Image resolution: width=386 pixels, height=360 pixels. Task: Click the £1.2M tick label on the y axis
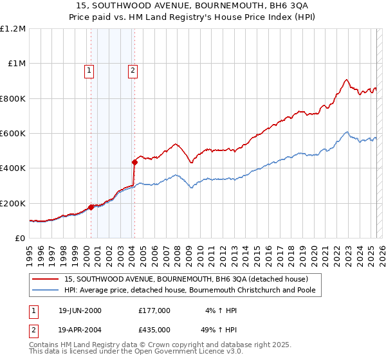point(13,28)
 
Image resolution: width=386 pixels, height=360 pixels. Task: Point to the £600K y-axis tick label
point(13,133)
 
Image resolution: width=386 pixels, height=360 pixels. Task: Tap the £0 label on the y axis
point(20,238)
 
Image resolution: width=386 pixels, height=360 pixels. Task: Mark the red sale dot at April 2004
point(134,162)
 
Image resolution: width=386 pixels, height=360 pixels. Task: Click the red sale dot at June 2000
point(91,207)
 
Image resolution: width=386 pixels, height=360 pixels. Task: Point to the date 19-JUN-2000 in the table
point(79,310)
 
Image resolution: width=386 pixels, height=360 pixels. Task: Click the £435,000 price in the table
point(154,329)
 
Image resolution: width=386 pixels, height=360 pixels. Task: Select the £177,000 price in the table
point(154,310)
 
